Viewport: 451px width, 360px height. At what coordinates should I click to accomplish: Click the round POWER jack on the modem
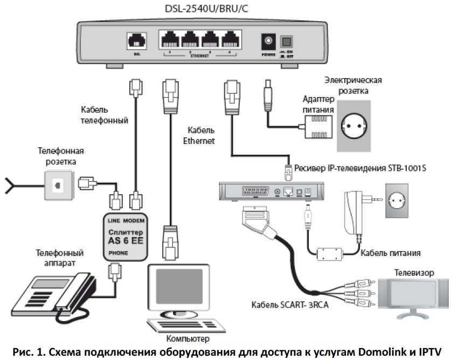tap(267, 41)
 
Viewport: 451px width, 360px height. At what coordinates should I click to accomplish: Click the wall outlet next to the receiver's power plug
tap(400, 200)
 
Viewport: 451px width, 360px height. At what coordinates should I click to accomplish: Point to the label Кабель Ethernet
tap(201, 135)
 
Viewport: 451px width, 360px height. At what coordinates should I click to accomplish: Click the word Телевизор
tap(414, 273)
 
